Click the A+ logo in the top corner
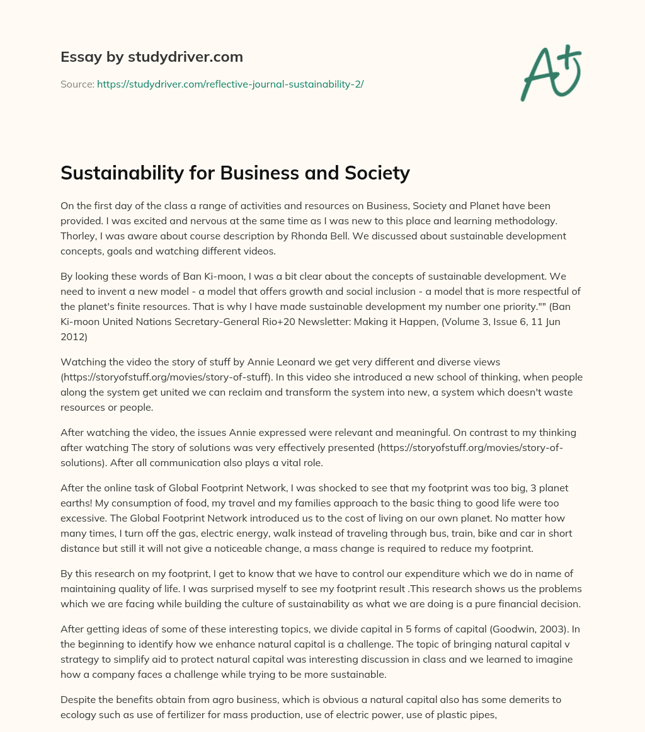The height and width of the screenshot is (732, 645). (x=551, y=73)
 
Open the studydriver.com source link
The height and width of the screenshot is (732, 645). (x=230, y=84)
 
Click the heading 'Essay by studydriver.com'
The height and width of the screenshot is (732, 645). (x=151, y=57)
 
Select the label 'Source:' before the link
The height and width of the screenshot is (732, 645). (x=77, y=84)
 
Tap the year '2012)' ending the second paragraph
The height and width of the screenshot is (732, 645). (x=77, y=336)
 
